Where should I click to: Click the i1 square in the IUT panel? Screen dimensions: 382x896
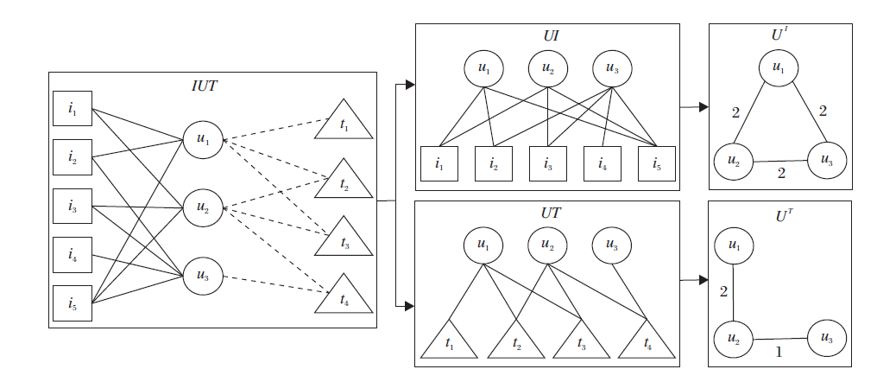click(x=72, y=110)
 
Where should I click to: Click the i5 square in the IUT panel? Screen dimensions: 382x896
click(x=72, y=302)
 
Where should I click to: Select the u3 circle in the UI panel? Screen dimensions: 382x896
click(x=611, y=68)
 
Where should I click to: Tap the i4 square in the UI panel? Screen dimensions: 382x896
click(x=603, y=164)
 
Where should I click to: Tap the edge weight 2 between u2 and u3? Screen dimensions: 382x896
click(x=780, y=174)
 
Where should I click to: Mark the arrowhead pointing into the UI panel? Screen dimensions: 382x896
click(x=410, y=85)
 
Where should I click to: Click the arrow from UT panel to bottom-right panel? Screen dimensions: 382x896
click(x=691, y=281)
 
